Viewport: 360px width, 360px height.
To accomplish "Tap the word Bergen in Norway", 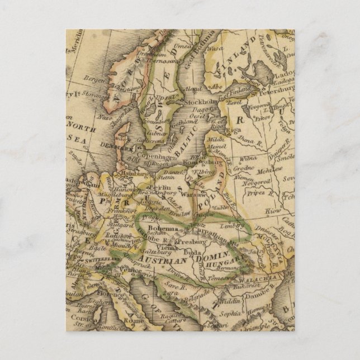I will (94, 80).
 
